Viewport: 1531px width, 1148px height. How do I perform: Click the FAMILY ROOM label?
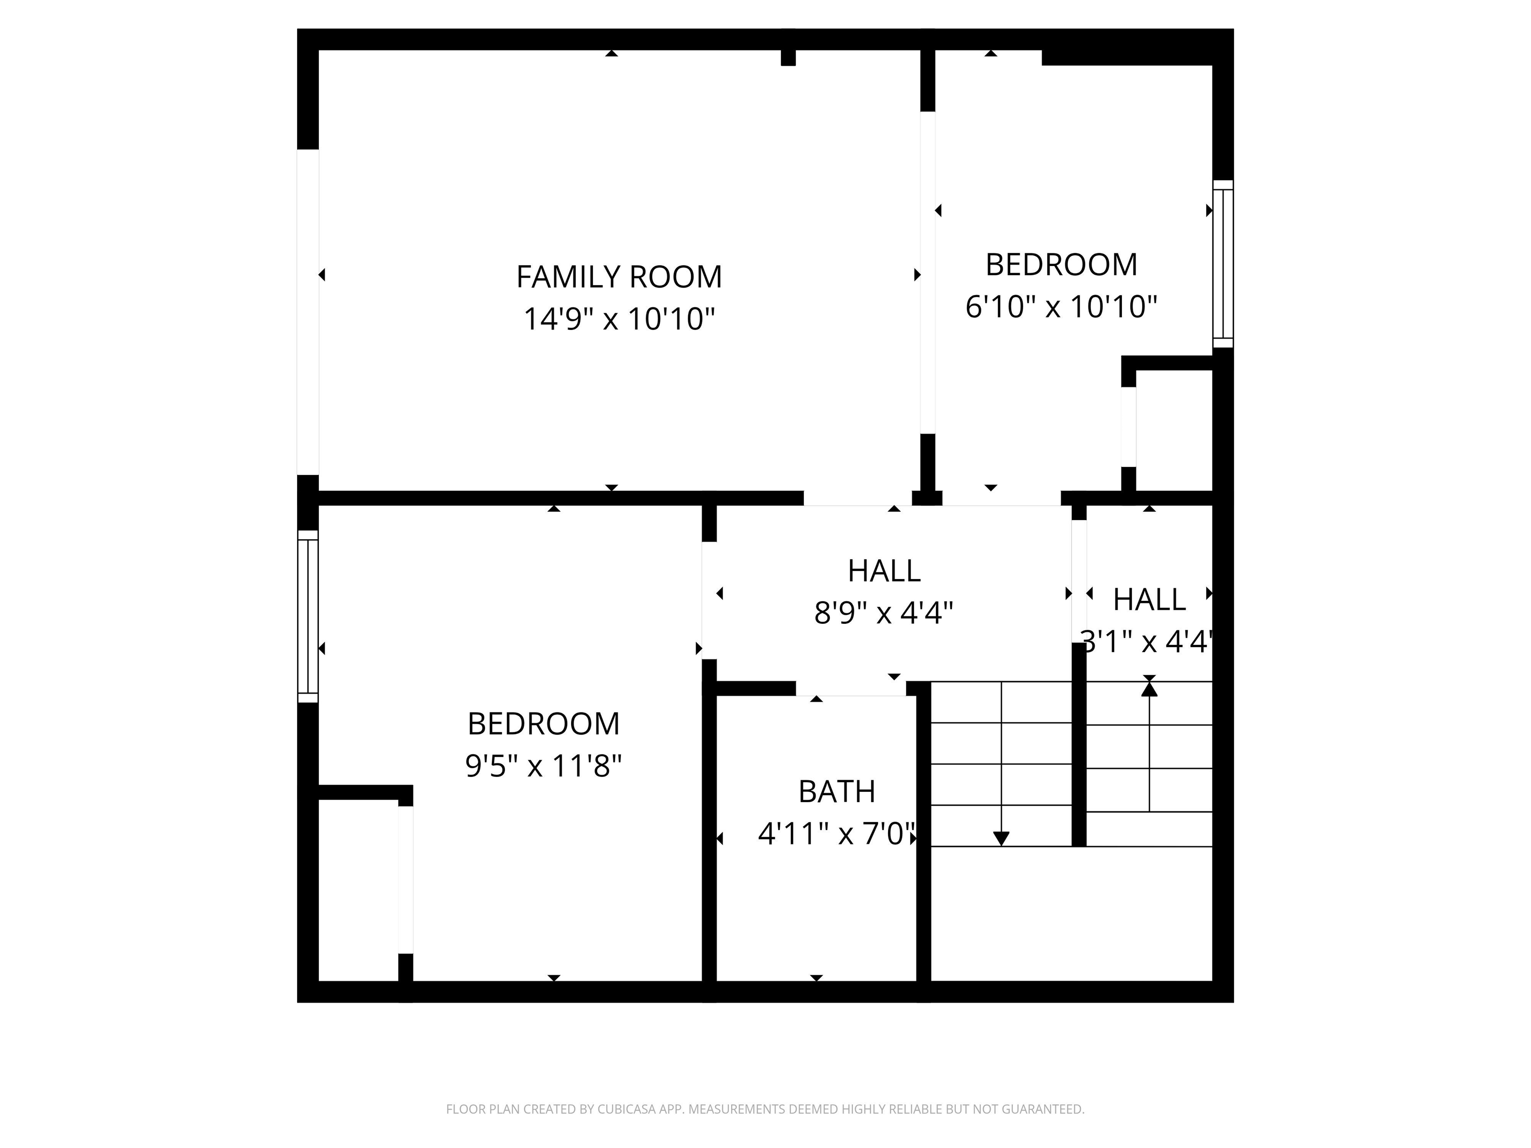pos(619,277)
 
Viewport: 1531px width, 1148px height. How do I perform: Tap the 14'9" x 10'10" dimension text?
pos(619,319)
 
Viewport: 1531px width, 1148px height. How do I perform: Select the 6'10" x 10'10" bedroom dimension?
pos(1061,306)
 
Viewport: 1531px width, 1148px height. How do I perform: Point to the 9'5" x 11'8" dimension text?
pos(543,766)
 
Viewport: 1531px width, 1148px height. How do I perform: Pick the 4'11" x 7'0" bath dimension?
pos(837,834)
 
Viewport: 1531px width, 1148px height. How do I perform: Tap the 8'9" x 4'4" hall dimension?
pos(884,613)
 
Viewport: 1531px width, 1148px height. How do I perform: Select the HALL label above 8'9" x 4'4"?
pos(884,571)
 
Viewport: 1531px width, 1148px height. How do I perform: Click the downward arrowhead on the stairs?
pos(1001,838)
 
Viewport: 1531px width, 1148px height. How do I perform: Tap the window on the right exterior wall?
pos(1223,264)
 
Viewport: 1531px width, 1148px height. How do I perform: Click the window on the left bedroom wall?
pos(308,616)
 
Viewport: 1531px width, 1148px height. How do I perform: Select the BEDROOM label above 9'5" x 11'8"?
pos(543,724)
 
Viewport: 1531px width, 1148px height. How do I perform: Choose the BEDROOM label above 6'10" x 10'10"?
pos(1061,265)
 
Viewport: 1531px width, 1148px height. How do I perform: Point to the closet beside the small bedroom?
pos(1174,430)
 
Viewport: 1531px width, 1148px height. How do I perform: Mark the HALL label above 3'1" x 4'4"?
pos(1149,600)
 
